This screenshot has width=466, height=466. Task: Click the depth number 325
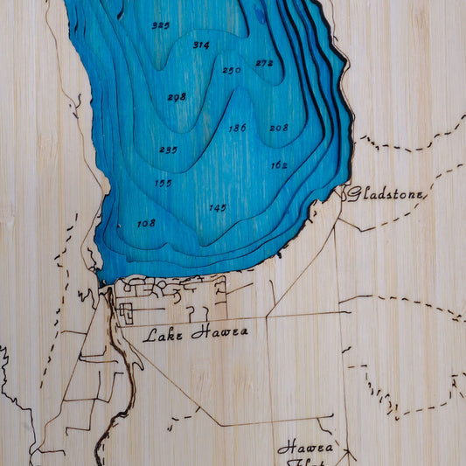tap(160, 25)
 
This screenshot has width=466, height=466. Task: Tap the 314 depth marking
tap(201, 45)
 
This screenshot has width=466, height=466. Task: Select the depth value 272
tap(264, 63)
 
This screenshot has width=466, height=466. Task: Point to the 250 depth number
tap(231, 70)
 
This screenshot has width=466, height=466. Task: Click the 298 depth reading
tap(177, 97)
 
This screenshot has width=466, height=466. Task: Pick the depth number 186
tap(237, 128)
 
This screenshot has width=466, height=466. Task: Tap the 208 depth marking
tap(278, 128)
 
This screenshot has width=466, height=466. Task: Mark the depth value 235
tap(168, 150)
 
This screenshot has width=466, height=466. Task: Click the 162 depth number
tap(279, 164)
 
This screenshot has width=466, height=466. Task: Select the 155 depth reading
tap(163, 183)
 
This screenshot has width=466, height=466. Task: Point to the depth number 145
tap(218, 207)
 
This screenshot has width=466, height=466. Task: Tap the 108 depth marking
tap(146, 223)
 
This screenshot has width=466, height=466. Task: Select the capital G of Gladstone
tap(351, 194)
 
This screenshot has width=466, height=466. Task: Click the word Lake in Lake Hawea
tap(163, 333)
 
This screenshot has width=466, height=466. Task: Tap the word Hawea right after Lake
tap(219, 331)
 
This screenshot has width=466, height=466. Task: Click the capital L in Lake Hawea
tap(150, 333)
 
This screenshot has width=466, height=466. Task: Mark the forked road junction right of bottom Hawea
tap(348, 454)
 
